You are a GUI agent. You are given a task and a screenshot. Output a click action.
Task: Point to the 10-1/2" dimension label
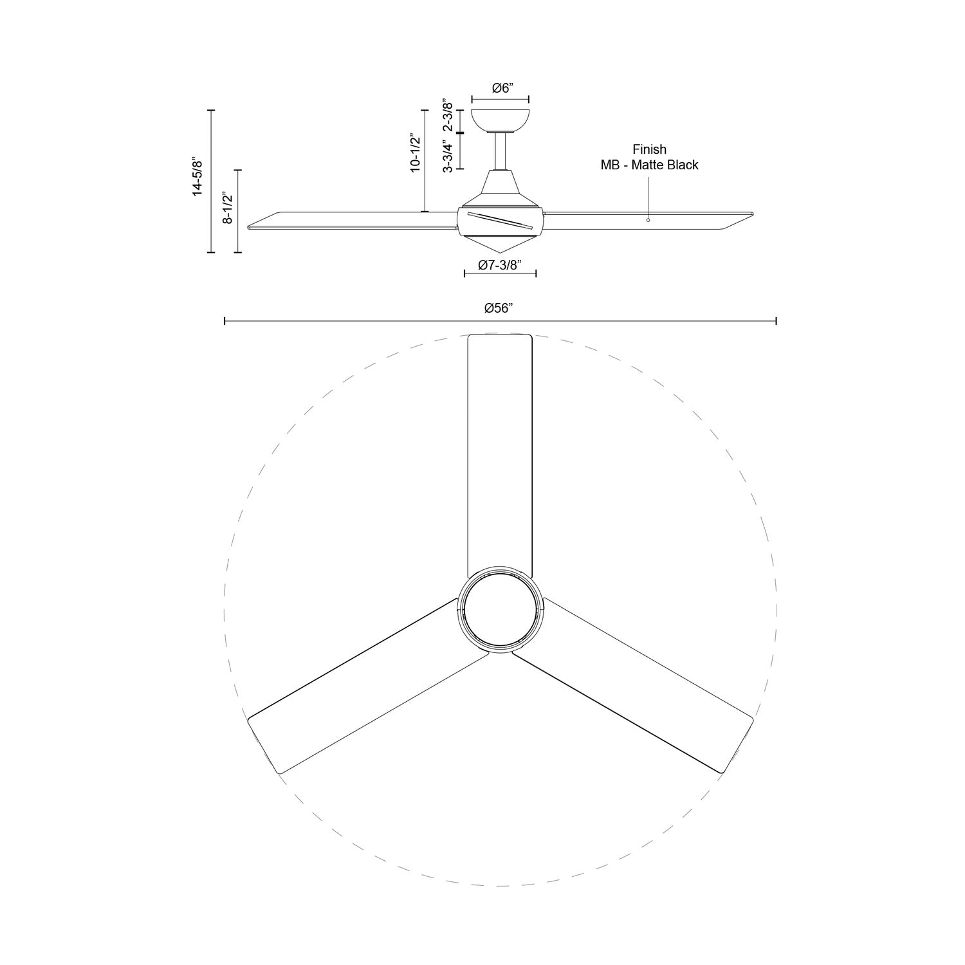415,153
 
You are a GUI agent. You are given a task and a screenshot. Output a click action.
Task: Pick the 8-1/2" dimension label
228,208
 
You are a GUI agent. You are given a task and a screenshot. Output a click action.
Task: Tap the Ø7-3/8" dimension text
499,265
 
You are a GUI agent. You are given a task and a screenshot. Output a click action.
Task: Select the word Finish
649,150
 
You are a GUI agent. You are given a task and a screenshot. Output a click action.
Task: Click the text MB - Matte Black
649,165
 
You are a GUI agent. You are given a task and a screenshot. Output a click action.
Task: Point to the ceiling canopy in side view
501,119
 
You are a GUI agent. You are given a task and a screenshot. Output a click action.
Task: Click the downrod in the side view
501,151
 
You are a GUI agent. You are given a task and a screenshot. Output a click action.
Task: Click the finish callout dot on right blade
648,220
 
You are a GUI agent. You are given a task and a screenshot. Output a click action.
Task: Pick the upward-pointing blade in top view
500,450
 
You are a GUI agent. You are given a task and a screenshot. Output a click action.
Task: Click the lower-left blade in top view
360,688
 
